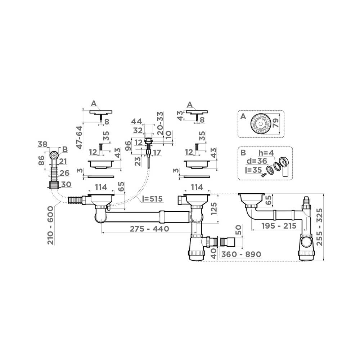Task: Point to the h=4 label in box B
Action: [x=267, y=153]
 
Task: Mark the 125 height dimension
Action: [x=214, y=209]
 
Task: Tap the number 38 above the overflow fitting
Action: [x=42, y=144]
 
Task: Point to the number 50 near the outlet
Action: [x=238, y=230]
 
